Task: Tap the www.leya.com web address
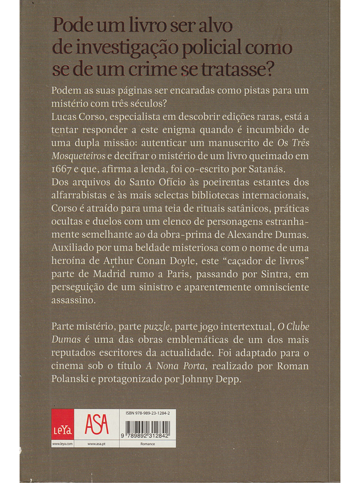(63, 444)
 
